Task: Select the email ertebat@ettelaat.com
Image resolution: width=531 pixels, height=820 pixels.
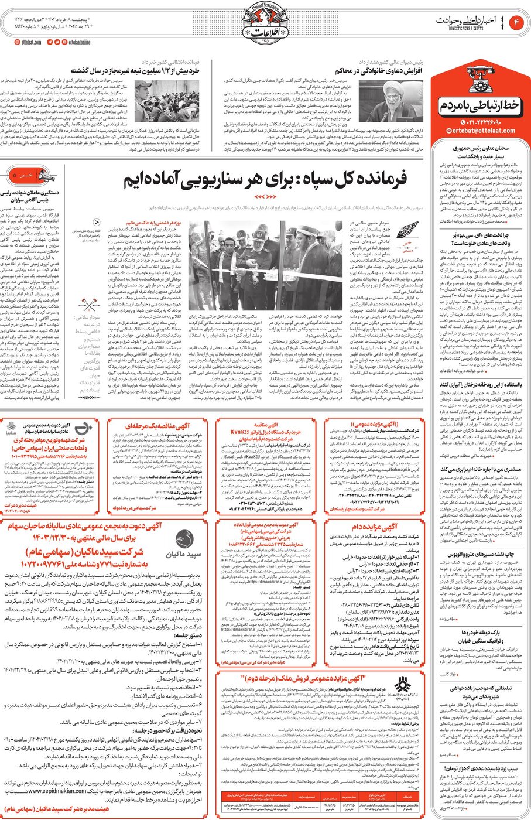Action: pyautogui.click(x=479, y=131)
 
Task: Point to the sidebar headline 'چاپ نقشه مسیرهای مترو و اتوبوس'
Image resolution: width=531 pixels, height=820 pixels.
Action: pyautogui.click(x=479, y=553)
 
